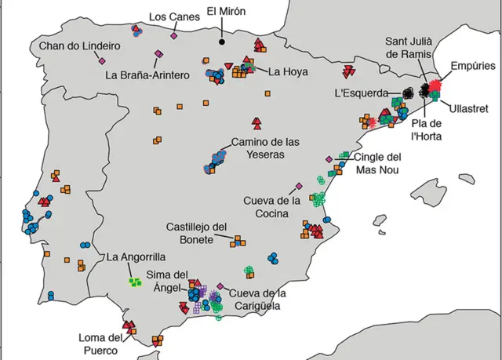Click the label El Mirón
click(x=225, y=13)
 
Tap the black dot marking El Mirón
click(x=222, y=42)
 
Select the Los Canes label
click(x=168, y=16)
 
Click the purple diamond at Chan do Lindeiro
click(x=103, y=61)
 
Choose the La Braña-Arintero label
click(x=147, y=76)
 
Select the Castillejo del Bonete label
click(x=198, y=232)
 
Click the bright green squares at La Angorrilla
click(x=136, y=282)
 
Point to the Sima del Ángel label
click(x=169, y=280)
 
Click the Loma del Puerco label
click(x=98, y=344)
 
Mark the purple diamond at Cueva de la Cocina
click(x=299, y=187)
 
